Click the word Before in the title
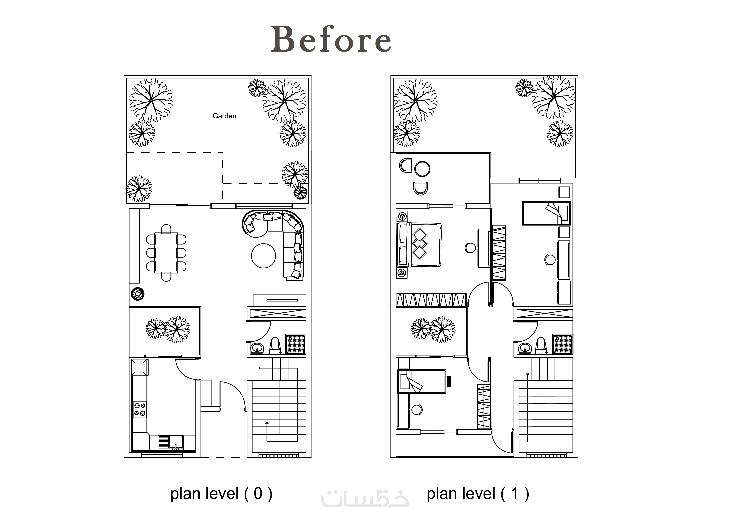[331, 39]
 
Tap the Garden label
[224, 116]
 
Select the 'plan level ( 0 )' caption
[221, 494]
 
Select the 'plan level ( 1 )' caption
[478, 494]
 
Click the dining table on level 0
[166, 253]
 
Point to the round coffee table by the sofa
[264, 256]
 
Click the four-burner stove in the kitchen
[140, 410]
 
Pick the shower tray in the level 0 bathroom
[295, 344]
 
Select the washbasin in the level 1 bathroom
[524, 348]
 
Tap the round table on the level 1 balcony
[422, 169]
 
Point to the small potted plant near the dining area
[138, 294]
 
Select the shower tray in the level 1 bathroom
[563, 344]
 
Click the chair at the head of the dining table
[166, 229]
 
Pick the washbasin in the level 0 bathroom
[257, 348]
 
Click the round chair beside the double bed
[470, 248]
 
